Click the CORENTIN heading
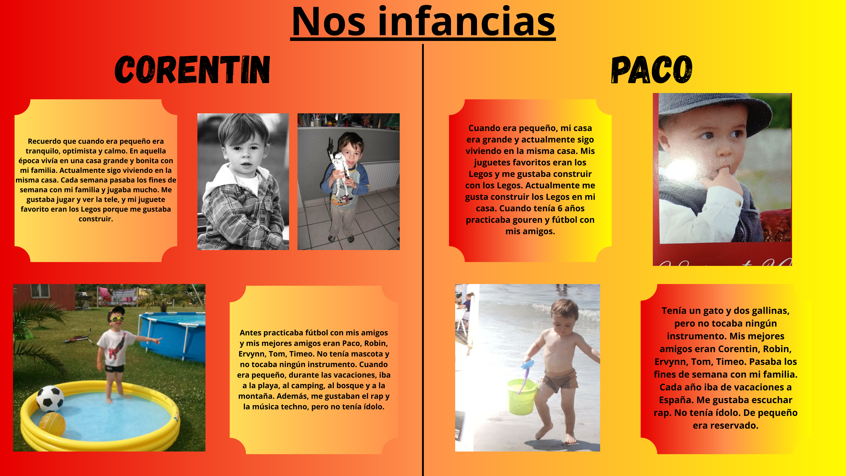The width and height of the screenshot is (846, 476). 193,69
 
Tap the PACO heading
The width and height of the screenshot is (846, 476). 652,69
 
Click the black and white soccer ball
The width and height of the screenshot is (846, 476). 50,399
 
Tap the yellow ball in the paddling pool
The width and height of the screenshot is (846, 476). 53,424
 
